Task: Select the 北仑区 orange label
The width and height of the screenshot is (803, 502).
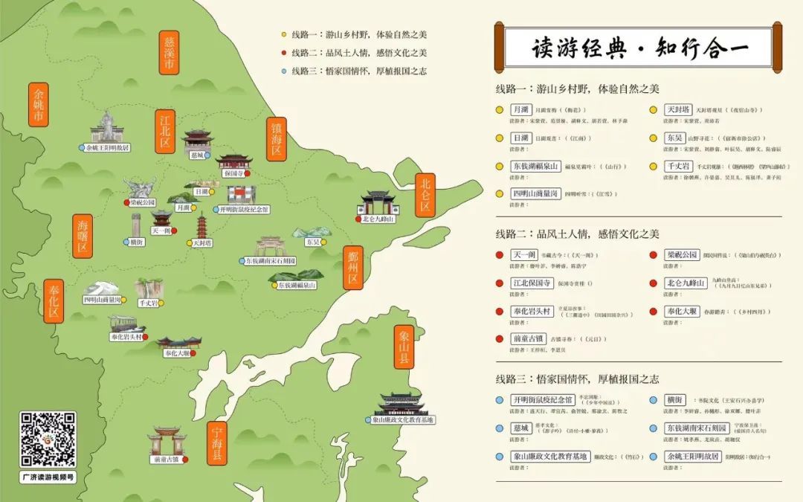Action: (x=425, y=194)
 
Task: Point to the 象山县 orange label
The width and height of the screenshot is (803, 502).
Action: (x=404, y=349)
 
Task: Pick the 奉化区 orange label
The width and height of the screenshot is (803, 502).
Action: (x=53, y=301)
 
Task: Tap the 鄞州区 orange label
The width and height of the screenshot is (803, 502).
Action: (x=352, y=266)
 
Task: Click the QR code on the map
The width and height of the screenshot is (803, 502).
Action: (x=48, y=440)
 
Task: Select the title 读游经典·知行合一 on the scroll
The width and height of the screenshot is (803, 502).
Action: (x=640, y=48)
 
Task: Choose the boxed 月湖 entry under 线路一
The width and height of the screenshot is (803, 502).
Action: (x=520, y=109)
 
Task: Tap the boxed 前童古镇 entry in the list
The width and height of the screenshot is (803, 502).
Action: (x=530, y=338)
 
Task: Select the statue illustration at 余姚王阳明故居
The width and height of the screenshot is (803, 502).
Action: (x=108, y=127)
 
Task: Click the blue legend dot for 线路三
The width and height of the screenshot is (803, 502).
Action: (x=284, y=71)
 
